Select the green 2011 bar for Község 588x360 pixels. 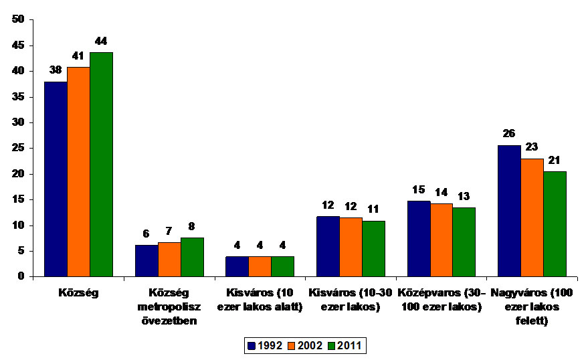(x=101, y=164)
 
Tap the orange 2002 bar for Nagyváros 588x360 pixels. (x=532, y=217)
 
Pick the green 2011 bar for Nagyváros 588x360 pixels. (x=555, y=223)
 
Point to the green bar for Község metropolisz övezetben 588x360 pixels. (x=192, y=257)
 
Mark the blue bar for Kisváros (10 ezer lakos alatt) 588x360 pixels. (x=237, y=266)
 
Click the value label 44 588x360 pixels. (x=101, y=41)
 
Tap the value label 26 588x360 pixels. (x=508, y=134)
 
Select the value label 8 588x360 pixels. (x=192, y=226)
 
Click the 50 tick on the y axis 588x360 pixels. (x=18, y=19)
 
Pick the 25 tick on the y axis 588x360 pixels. (x=18, y=148)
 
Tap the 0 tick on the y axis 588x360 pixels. (x=21, y=276)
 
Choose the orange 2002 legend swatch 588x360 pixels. (x=292, y=346)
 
